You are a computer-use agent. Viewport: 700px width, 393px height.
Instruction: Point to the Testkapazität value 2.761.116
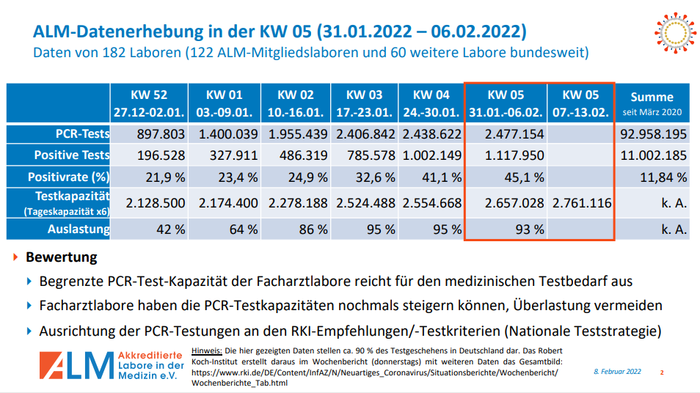(581, 203)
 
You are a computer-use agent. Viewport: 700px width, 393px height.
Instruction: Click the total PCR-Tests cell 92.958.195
(652, 135)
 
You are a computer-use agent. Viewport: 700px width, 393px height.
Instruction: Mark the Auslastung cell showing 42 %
(169, 229)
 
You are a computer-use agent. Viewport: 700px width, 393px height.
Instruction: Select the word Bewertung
(62, 258)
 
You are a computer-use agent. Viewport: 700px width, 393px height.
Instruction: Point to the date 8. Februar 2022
(617, 372)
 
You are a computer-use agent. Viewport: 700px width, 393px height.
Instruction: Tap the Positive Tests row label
(72, 155)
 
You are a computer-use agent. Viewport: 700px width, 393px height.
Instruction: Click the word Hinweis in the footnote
(206, 351)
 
